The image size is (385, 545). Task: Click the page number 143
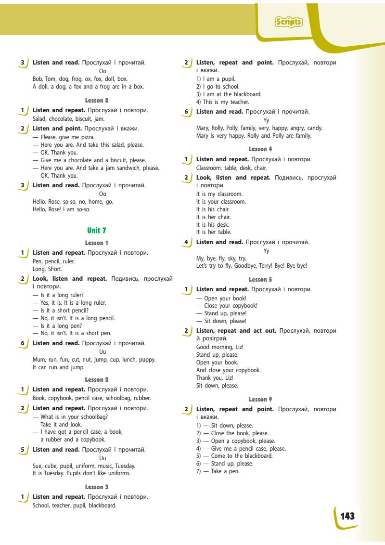[x=347, y=517]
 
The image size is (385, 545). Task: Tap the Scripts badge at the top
[x=288, y=22]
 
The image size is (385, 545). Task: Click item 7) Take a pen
[x=218, y=471]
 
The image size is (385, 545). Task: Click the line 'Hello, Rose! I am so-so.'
[x=61, y=209]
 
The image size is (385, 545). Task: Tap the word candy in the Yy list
[x=313, y=128]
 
